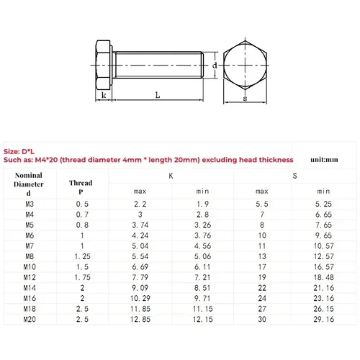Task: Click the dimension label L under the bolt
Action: pos(156,94)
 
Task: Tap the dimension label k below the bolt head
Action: pos(104,94)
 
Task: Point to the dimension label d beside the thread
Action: pos(215,65)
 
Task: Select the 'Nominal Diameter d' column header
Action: pos(28,184)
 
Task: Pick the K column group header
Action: pos(170,176)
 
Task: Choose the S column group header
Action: pos(294,176)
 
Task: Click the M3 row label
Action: pos(29,204)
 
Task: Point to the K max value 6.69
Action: pos(140,266)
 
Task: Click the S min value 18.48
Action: pos(325,277)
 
